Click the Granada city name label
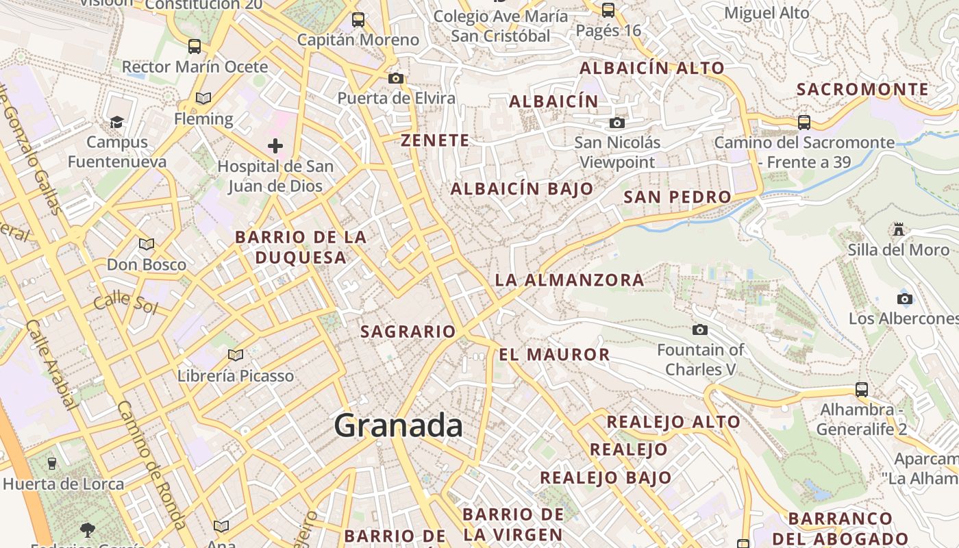point(398,425)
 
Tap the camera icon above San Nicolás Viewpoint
point(617,123)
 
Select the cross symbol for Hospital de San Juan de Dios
point(275,145)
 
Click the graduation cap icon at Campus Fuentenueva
point(117,122)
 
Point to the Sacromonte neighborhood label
point(862,89)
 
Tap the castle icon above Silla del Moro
point(899,229)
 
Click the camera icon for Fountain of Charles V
point(700,329)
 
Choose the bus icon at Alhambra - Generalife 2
point(862,389)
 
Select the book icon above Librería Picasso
point(236,355)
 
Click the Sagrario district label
point(408,332)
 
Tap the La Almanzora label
point(569,279)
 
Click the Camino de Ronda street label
point(151,464)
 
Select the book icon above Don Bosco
point(147,244)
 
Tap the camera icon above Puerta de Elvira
point(396,78)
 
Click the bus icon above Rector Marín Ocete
point(195,46)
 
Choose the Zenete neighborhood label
point(435,140)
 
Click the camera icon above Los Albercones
point(905,299)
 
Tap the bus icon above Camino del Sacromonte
point(804,123)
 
